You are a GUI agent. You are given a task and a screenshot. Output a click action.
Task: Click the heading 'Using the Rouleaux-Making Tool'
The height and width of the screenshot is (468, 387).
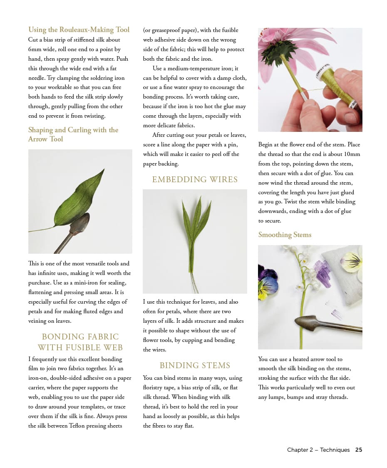click(x=79, y=30)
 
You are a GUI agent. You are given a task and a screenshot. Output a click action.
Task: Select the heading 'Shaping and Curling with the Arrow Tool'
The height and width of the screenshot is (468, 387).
click(x=73, y=134)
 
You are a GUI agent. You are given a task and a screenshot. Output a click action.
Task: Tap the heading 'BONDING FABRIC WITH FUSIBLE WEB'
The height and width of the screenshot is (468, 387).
click(x=80, y=342)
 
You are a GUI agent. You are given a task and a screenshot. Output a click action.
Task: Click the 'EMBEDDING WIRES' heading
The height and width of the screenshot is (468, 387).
click(x=195, y=179)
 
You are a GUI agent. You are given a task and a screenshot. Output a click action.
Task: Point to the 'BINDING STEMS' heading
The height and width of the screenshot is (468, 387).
click(x=195, y=365)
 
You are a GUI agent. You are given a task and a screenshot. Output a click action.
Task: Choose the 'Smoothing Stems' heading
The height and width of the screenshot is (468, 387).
click(x=285, y=235)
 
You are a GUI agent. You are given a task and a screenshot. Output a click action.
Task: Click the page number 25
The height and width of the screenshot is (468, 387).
click(x=358, y=450)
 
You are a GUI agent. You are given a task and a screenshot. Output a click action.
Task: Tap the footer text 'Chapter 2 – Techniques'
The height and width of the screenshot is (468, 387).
click(x=318, y=450)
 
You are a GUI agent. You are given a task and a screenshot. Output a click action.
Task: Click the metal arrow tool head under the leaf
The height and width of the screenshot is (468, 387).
click(x=79, y=225)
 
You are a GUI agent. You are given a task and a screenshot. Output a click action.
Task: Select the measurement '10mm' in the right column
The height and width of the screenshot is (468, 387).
click(x=352, y=154)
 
